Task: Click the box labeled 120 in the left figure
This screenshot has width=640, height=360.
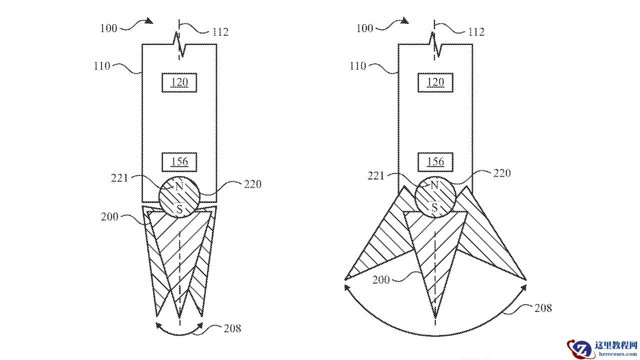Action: (x=179, y=82)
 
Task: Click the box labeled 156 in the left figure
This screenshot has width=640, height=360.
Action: (x=179, y=162)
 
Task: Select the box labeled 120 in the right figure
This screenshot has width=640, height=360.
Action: (x=435, y=82)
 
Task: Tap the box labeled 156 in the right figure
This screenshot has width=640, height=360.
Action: (x=435, y=162)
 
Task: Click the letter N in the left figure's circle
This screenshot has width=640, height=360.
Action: (x=179, y=186)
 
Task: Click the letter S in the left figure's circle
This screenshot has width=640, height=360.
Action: (x=179, y=209)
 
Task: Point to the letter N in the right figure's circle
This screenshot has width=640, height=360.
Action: (x=434, y=185)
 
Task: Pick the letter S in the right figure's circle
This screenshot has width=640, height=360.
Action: (x=434, y=207)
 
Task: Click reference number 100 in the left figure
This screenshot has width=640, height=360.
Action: (x=108, y=28)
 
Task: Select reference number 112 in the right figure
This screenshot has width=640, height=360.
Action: (x=476, y=31)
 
